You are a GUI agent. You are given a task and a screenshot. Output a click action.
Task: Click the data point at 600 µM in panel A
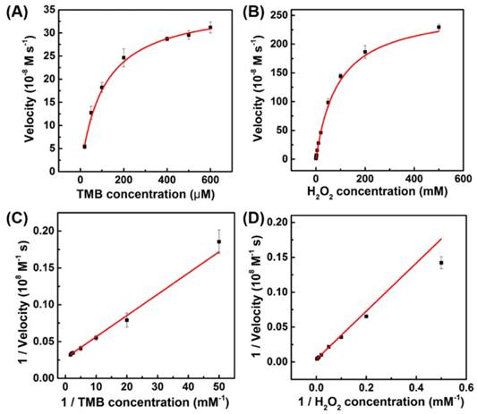point(210,28)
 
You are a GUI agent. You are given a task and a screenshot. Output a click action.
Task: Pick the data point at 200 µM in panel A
point(124,58)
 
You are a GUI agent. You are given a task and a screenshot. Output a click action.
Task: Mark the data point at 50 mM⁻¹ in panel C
point(218,241)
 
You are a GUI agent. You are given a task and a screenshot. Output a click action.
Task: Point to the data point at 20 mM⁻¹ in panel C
point(126,320)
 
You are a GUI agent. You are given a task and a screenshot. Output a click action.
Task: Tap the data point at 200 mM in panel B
point(365,52)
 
